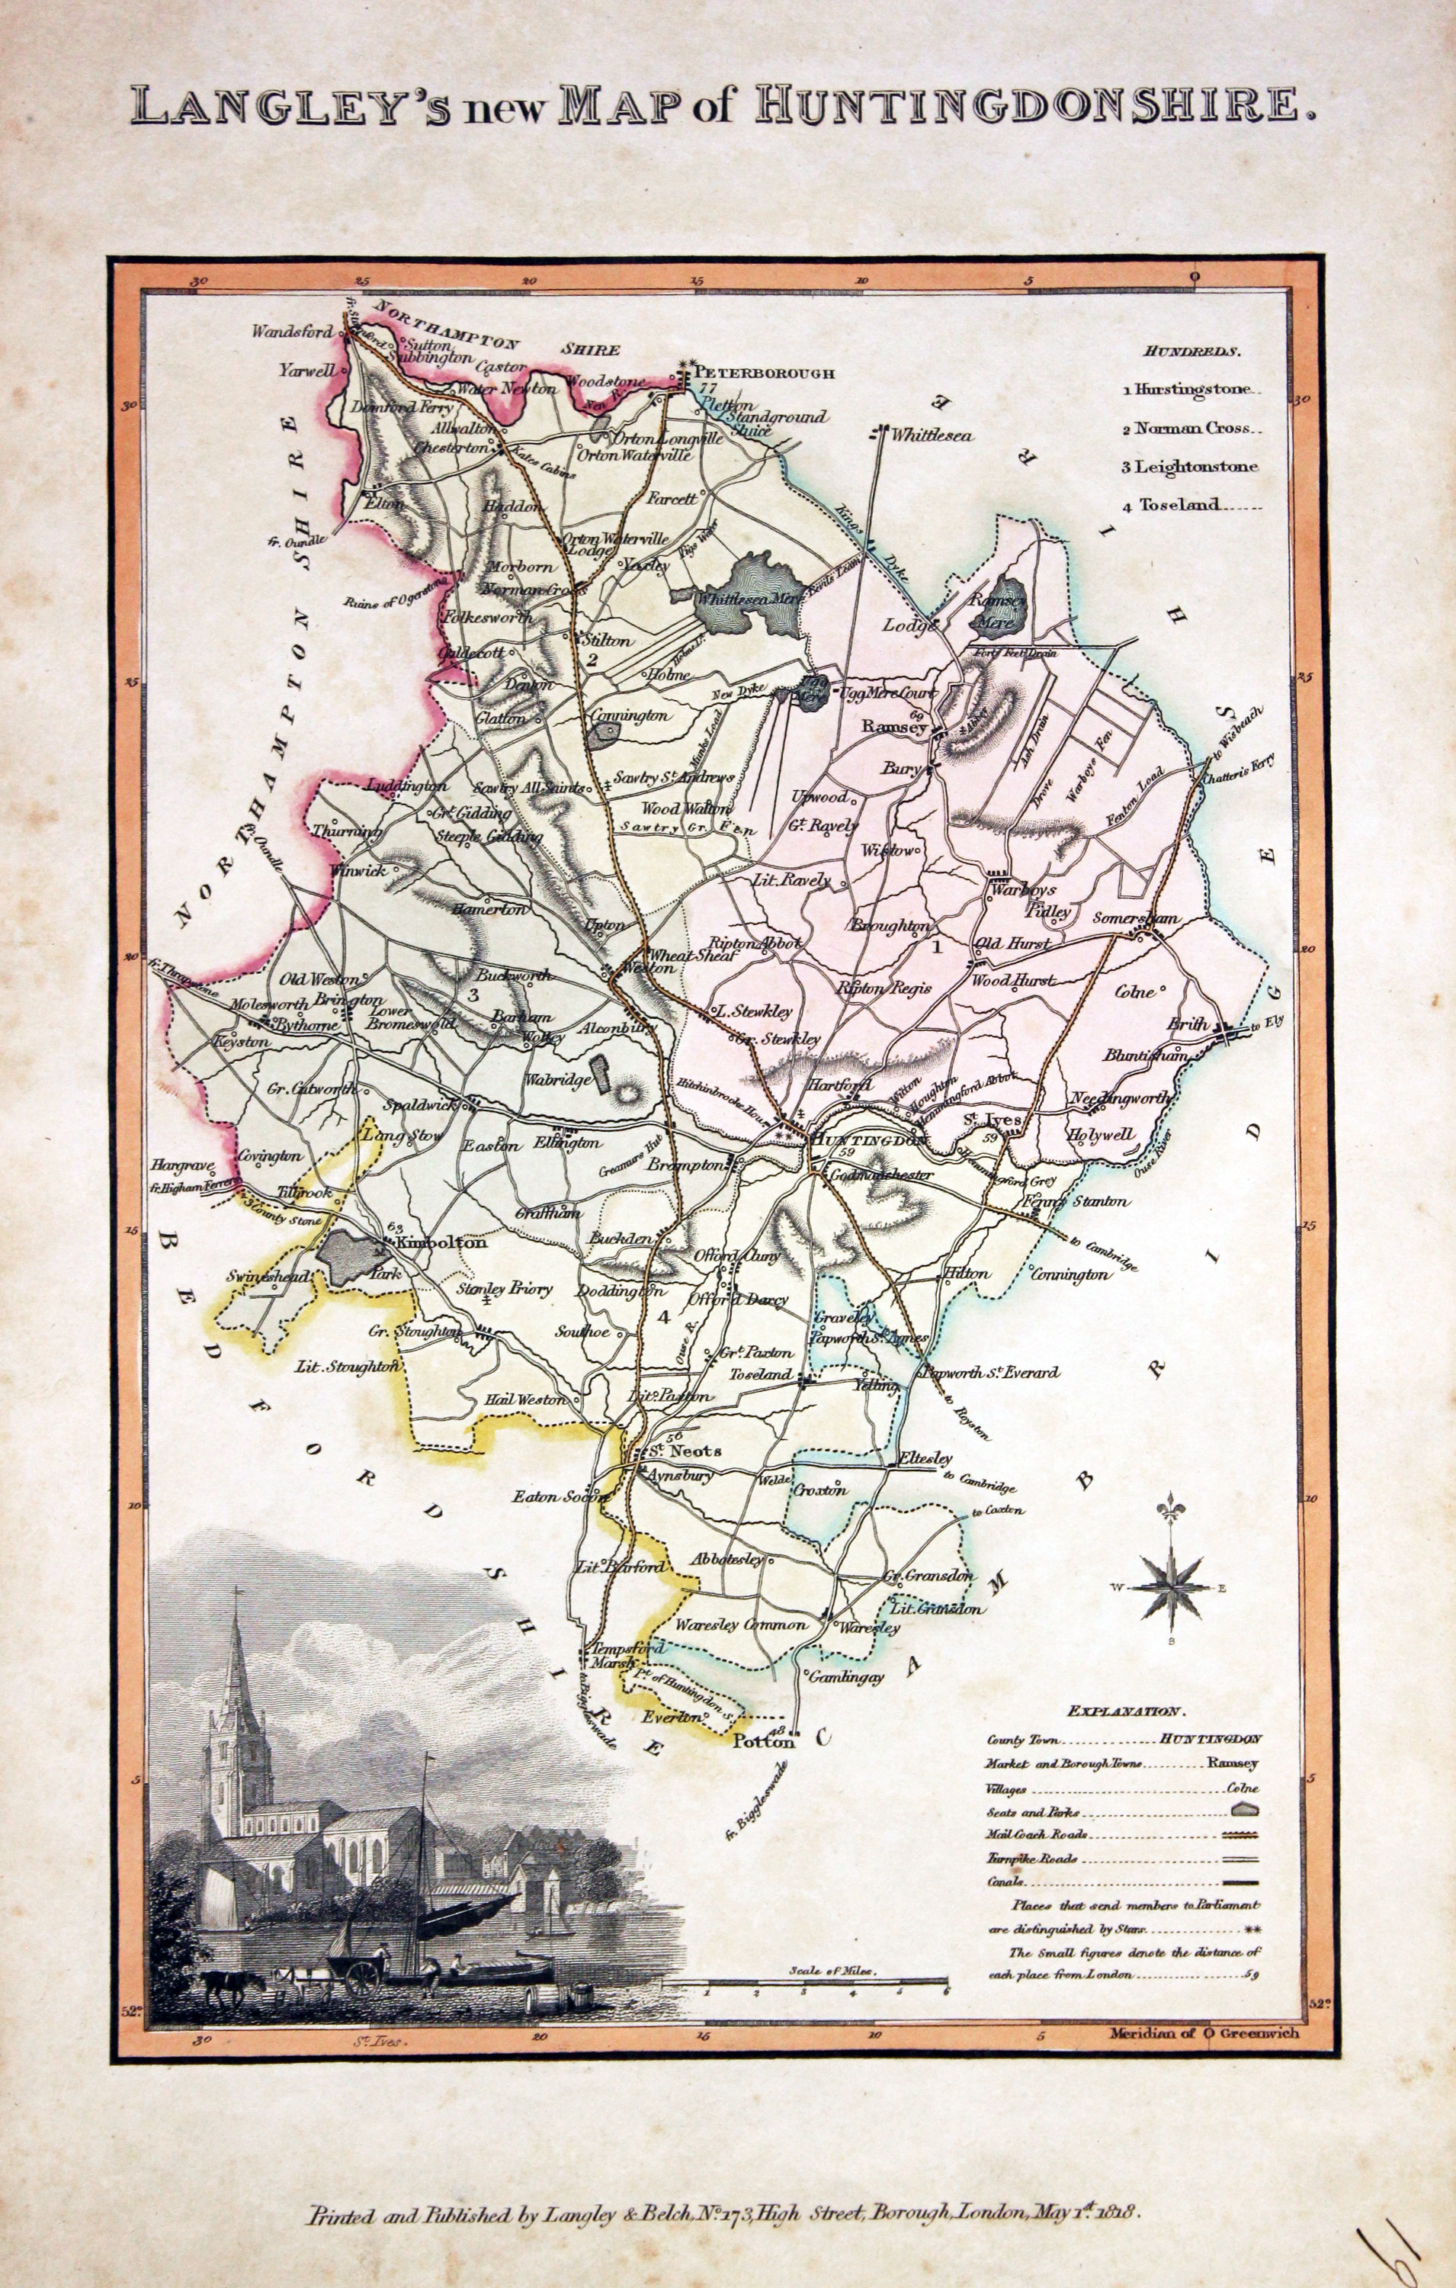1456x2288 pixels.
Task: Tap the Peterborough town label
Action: pos(765,374)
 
